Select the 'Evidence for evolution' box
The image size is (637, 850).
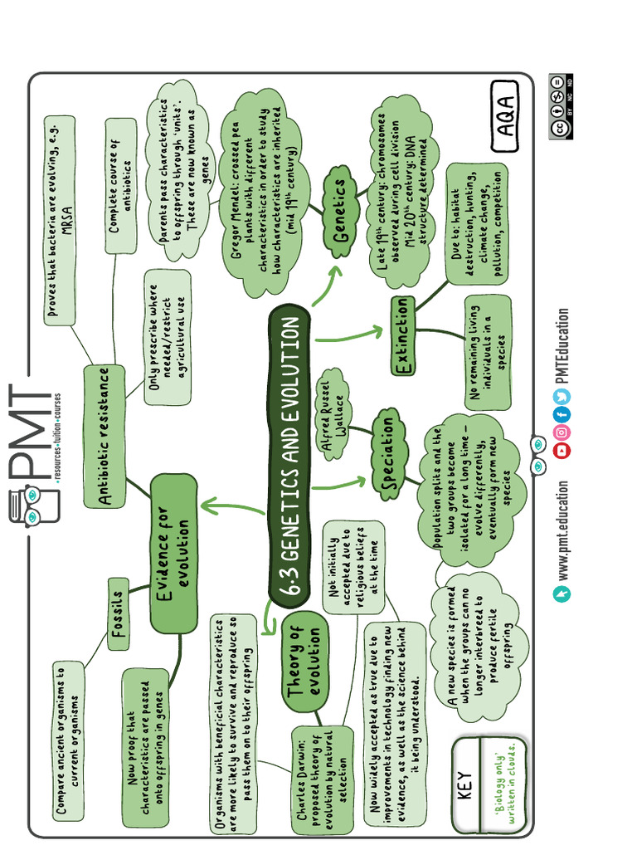(174, 553)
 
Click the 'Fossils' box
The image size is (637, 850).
(119, 613)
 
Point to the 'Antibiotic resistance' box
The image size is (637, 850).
(105, 437)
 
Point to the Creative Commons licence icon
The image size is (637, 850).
(561, 106)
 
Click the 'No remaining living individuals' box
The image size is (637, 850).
(488, 352)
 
